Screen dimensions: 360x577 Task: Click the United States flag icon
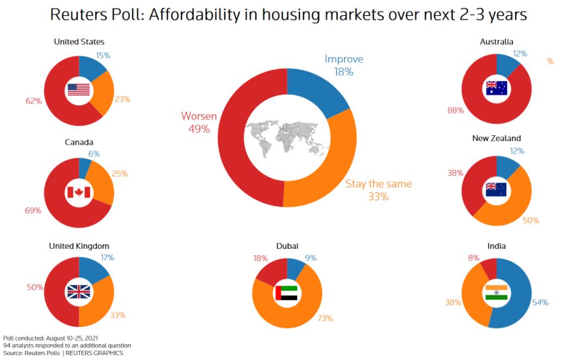(79, 90)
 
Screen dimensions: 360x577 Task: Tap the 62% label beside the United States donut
(34, 101)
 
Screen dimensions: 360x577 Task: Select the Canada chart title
(79, 142)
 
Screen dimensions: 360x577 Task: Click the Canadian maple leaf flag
(79, 192)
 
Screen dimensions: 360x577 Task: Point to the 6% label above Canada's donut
(94, 154)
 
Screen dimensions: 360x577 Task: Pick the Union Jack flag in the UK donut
(79, 292)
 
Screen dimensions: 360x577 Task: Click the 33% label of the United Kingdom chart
(118, 315)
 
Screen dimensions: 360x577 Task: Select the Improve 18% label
(343, 65)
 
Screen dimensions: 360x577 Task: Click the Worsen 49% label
(199, 123)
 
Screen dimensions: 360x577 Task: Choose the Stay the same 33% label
(379, 190)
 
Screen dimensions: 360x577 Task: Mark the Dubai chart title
(287, 246)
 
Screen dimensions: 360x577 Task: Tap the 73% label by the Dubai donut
(325, 318)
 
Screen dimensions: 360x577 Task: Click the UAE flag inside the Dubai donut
(286, 293)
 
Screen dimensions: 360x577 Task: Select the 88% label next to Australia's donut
(455, 111)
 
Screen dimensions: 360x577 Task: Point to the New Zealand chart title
(496, 138)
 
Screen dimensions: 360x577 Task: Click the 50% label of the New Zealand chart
(531, 220)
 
